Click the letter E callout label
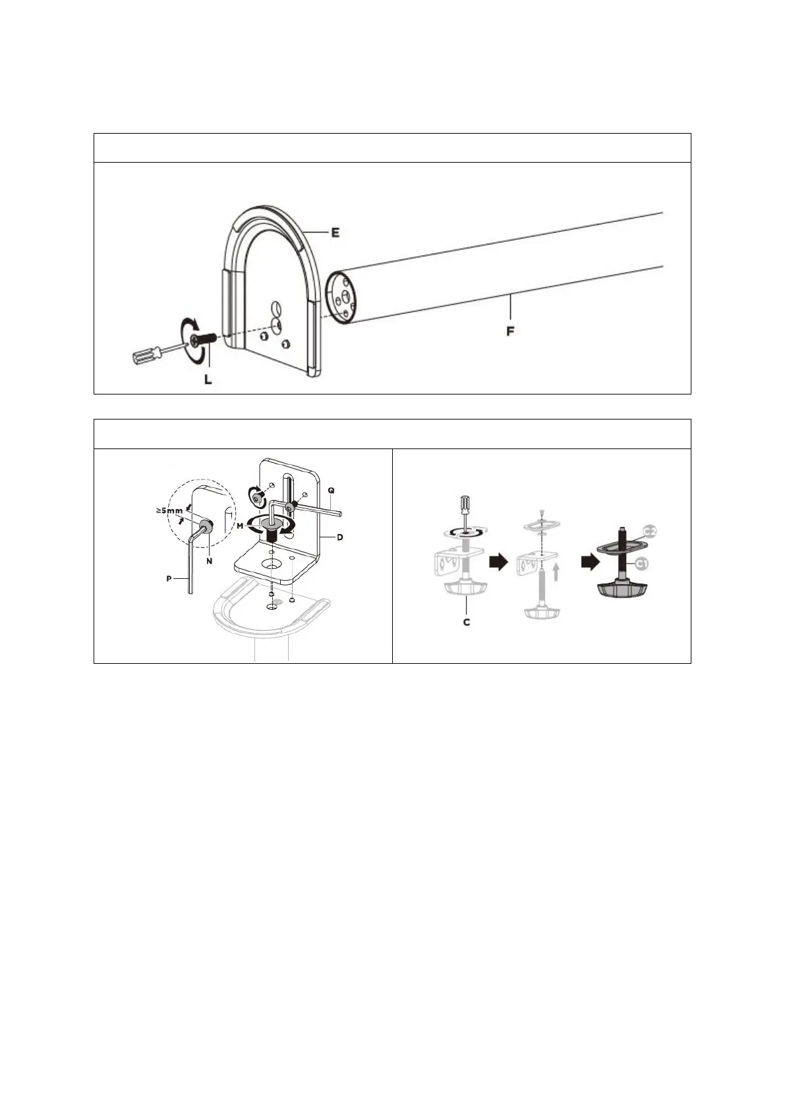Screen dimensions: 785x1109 335,233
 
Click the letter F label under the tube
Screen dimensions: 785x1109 510,331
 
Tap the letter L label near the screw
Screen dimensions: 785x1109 208,380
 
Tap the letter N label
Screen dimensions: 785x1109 209,560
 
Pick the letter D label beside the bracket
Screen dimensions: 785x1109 339,537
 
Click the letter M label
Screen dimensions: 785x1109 241,526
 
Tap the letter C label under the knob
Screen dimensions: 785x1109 466,622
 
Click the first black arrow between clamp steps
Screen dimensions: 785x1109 500,562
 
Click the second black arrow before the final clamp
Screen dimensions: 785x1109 589,562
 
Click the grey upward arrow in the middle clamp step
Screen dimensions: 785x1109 558,570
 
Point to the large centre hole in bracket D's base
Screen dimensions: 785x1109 271,564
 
